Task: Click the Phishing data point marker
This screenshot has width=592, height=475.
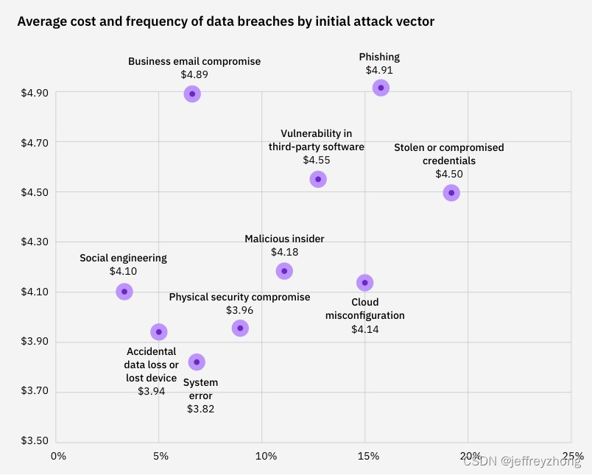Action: (x=381, y=88)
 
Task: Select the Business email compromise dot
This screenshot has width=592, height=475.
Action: (x=192, y=94)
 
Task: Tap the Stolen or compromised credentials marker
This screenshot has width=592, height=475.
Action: (x=451, y=192)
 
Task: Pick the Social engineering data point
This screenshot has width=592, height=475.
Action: (x=124, y=291)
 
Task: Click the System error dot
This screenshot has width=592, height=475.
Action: (x=197, y=362)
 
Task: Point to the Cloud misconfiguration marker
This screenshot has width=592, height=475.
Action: (x=364, y=282)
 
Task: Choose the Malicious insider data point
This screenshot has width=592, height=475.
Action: (x=284, y=270)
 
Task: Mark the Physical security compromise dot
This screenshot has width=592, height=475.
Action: (x=240, y=328)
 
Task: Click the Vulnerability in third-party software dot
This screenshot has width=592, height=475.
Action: (x=318, y=179)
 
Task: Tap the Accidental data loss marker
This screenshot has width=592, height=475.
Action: (x=159, y=331)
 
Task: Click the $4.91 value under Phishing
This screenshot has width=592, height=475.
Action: (x=379, y=70)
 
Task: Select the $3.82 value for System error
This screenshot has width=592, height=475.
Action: (x=200, y=409)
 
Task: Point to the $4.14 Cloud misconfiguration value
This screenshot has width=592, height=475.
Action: (x=364, y=328)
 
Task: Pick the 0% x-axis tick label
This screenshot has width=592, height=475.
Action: (x=58, y=456)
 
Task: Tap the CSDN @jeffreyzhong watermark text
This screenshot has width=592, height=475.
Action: (x=521, y=462)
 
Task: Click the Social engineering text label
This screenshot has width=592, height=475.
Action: (x=123, y=258)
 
